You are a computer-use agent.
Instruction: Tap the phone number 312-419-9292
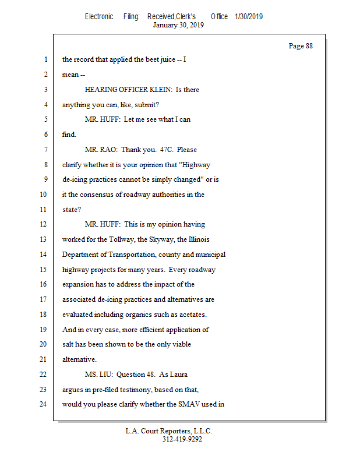[182, 439]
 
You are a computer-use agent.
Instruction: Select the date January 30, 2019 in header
[178, 25]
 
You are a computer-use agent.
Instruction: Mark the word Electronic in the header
[99, 17]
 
